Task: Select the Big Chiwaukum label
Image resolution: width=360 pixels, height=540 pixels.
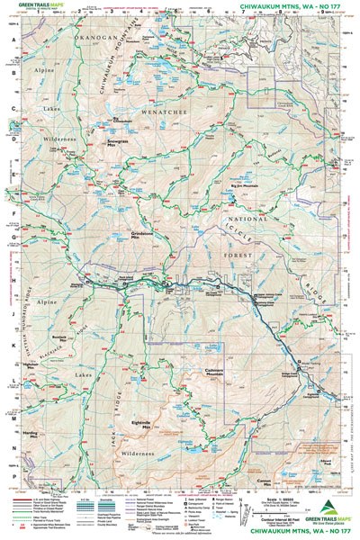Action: pyautogui.click(x=127, y=118)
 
